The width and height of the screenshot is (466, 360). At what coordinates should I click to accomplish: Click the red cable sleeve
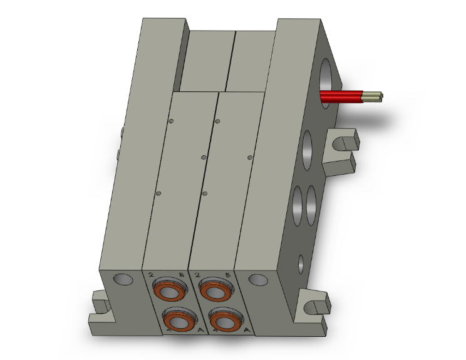[x=341, y=96]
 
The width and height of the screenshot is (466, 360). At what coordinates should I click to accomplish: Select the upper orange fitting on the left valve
[x=168, y=291]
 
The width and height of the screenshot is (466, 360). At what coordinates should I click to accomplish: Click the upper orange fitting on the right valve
[x=214, y=291]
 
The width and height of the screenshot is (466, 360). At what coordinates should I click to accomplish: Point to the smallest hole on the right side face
[x=301, y=262]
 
